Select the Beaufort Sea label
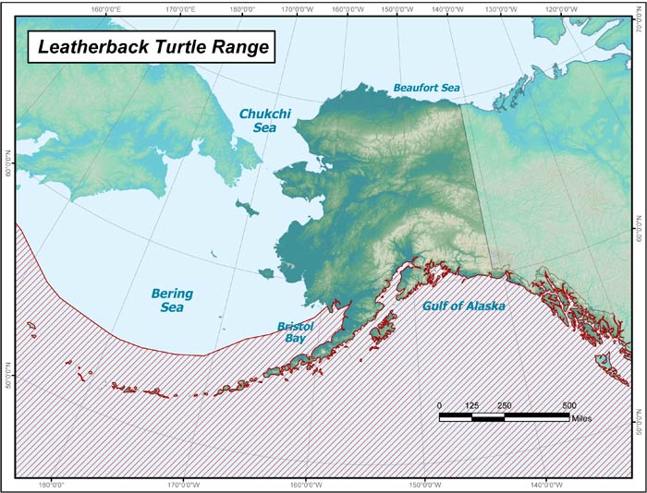(x=426, y=88)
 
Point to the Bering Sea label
(x=172, y=300)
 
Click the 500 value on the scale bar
(x=568, y=405)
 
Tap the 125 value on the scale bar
(x=471, y=405)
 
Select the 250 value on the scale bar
(x=504, y=405)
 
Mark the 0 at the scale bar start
(x=440, y=405)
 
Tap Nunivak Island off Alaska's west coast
(x=266, y=272)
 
